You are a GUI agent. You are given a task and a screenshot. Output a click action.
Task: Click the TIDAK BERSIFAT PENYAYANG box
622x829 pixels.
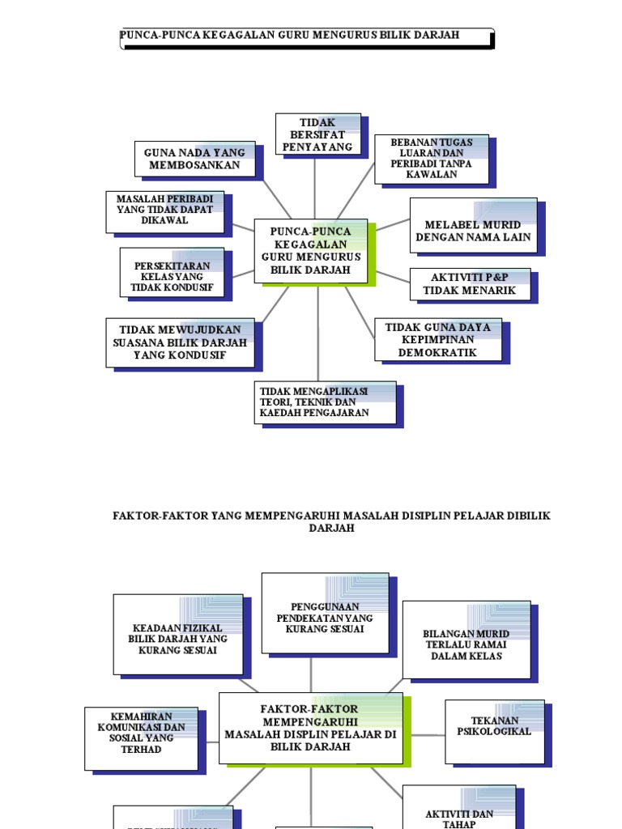[317, 134]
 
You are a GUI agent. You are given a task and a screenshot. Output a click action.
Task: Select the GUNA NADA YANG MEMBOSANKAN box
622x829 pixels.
[194, 159]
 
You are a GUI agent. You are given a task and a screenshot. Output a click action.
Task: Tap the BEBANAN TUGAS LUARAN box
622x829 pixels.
[431, 159]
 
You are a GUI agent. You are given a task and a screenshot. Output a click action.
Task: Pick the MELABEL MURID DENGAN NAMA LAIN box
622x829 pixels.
[473, 231]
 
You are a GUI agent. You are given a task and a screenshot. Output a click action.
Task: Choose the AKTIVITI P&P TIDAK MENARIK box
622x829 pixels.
[470, 284]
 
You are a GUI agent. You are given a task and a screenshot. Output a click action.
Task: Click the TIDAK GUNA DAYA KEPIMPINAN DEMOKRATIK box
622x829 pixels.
[437, 339]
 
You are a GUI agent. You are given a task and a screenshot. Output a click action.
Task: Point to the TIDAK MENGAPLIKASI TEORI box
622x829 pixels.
[325, 402]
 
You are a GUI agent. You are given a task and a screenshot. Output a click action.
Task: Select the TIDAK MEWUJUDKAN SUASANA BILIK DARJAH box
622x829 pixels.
[180, 342]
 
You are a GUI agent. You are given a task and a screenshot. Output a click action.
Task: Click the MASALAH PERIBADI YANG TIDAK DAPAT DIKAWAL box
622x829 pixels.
[164, 210]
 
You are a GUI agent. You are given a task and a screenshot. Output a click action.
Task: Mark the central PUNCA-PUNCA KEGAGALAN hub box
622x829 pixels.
[311, 251]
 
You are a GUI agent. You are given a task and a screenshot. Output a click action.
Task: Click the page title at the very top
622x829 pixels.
[290, 35]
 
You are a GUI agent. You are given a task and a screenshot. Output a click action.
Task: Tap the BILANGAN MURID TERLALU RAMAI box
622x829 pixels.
[466, 644]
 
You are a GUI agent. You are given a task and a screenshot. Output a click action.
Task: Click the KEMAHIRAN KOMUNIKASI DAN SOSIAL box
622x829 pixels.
[141, 738]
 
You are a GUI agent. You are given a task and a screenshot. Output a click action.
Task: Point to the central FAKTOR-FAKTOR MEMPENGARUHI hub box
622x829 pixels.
[310, 728]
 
